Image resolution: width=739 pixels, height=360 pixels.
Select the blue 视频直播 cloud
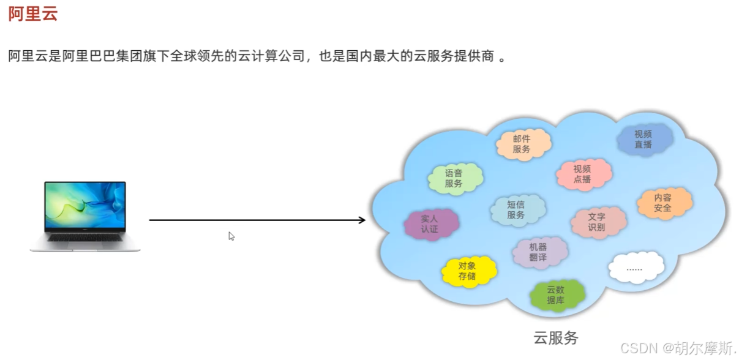(643, 140)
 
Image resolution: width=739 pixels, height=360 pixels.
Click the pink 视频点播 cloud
(582, 174)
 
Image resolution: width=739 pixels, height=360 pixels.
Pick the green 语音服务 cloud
(454, 178)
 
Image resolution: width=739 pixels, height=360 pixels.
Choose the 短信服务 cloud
(516, 210)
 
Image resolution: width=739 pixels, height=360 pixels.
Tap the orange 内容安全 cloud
(662, 203)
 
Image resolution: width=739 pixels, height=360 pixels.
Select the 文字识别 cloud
(596, 222)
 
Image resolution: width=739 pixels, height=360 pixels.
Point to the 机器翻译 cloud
(538, 252)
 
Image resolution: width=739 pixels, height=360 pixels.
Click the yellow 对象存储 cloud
(467, 271)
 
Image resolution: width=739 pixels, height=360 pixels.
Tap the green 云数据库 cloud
(556, 295)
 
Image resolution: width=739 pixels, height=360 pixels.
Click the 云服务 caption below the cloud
(555, 337)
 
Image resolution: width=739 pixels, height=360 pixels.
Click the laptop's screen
(85, 206)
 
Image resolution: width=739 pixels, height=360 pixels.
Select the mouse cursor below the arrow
(231, 236)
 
